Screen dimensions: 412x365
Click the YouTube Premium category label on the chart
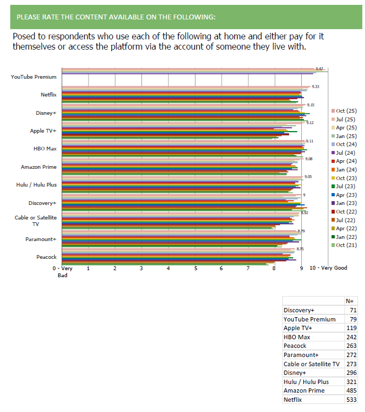[33, 77]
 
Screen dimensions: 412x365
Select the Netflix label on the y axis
[49, 95]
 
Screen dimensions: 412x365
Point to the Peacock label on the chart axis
[46, 257]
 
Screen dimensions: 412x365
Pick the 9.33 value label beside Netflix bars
[316, 87]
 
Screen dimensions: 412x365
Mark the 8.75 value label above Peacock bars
[300, 249]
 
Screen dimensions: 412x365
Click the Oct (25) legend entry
[346, 111]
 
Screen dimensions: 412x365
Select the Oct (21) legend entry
[346, 245]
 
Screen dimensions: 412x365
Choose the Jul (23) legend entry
[346, 186]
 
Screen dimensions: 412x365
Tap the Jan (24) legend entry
[346, 169]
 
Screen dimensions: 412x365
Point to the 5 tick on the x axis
[195, 268]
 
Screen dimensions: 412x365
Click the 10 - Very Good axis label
[328, 268]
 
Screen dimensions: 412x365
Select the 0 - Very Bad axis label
[63, 271]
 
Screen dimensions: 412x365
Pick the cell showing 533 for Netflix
[352, 400]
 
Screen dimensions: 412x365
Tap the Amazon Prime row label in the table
[304, 390]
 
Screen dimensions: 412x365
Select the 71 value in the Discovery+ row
[353, 310]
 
